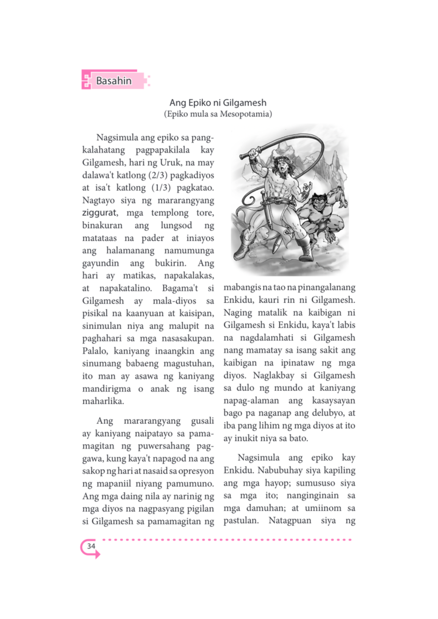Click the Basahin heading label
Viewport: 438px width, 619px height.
coord(114,81)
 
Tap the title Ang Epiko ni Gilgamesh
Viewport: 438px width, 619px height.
coord(218,103)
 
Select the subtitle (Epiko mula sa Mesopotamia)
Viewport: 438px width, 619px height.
coord(218,114)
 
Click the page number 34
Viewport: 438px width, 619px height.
coord(91,546)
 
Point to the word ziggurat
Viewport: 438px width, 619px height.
coord(99,213)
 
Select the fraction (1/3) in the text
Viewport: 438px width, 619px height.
coord(161,188)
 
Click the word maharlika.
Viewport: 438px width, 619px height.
coord(103,401)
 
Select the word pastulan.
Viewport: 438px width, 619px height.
coord(241,520)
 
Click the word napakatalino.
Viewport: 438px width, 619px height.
coord(125,288)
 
